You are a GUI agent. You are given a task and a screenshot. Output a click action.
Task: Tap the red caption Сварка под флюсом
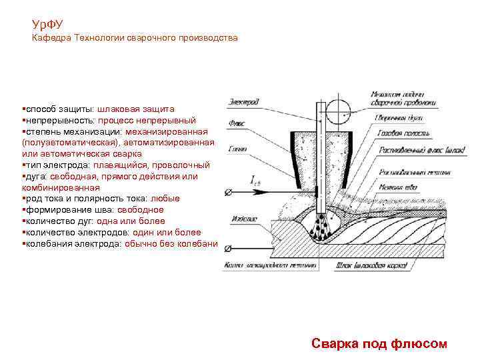pyautogui.click(x=379, y=343)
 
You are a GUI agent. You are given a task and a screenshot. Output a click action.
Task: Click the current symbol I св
pyautogui.click(x=257, y=180)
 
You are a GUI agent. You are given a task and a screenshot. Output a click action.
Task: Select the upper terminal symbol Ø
pyautogui.click(x=229, y=193)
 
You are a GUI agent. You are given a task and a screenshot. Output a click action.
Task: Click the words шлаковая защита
pyautogui.click(x=136, y=109)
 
